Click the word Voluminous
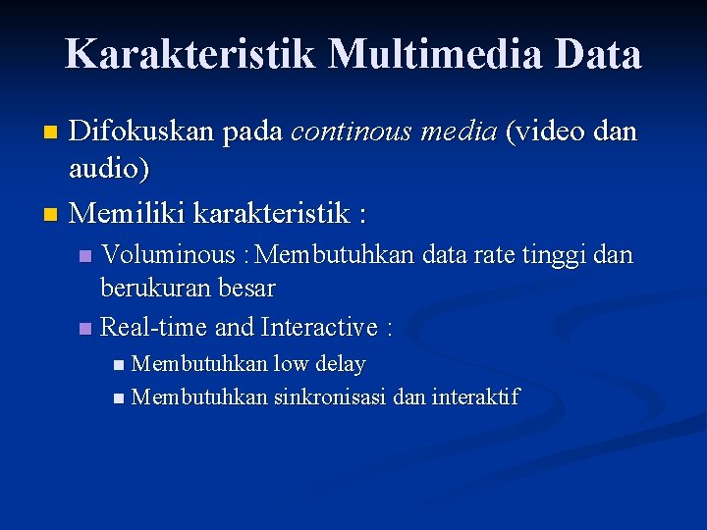168,256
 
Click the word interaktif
475,397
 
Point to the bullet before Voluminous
85,257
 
